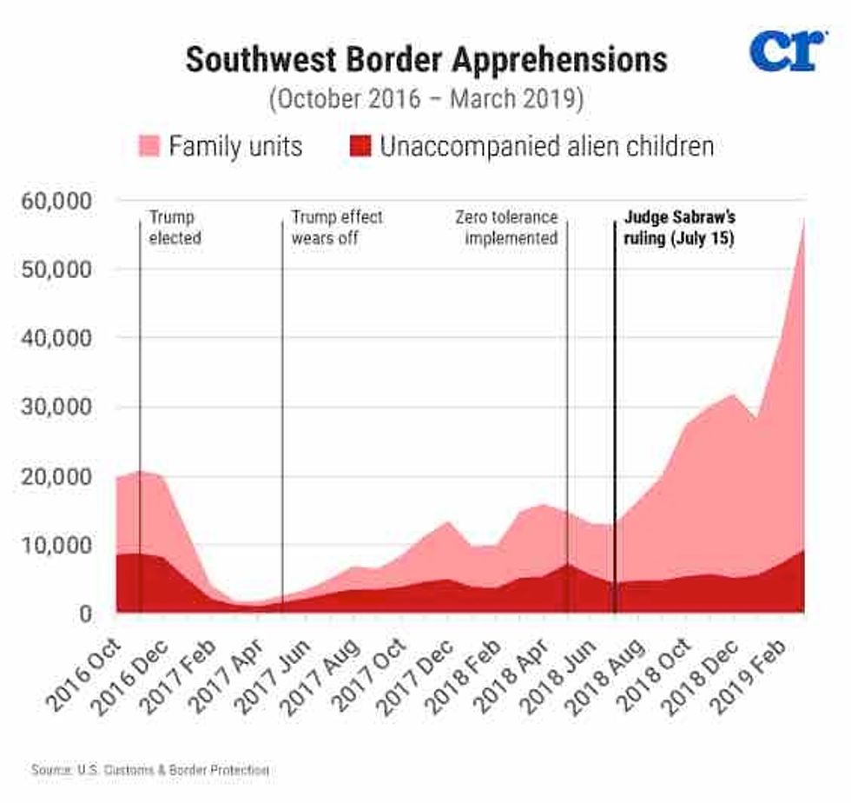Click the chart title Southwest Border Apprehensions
425,61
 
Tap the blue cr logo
787,51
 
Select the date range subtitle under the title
425,98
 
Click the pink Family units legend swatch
149,146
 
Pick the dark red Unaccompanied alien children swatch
360,146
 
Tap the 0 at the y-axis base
85,614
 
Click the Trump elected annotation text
175,227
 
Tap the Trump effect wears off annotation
336,227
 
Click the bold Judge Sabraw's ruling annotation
674,227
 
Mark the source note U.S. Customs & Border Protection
150,770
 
